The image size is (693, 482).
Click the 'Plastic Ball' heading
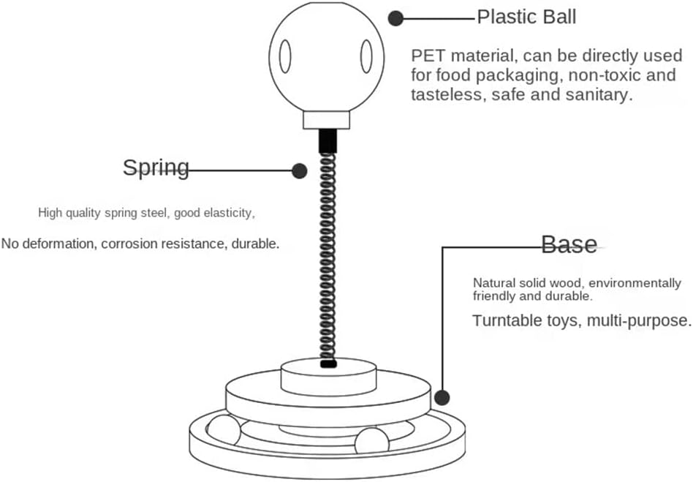coord(526,17)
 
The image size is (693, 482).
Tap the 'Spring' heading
coord(156,167)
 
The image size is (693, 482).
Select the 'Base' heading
coord(569,244)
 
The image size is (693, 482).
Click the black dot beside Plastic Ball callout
coord(396,18)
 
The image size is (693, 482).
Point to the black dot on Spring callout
coord(299,171)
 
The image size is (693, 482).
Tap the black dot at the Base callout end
coord(442,398)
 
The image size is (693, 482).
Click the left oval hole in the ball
coord(285,57)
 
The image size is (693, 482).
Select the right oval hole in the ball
coord(366,57)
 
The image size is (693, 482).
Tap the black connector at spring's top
coord(327,141)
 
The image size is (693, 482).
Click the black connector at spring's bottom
coord(328,362)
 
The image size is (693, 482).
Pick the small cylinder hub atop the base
coord(329,377)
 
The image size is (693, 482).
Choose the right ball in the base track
coord(373,442)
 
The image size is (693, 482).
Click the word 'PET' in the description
coord(428,56)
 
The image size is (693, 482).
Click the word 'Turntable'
coord(507,320)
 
